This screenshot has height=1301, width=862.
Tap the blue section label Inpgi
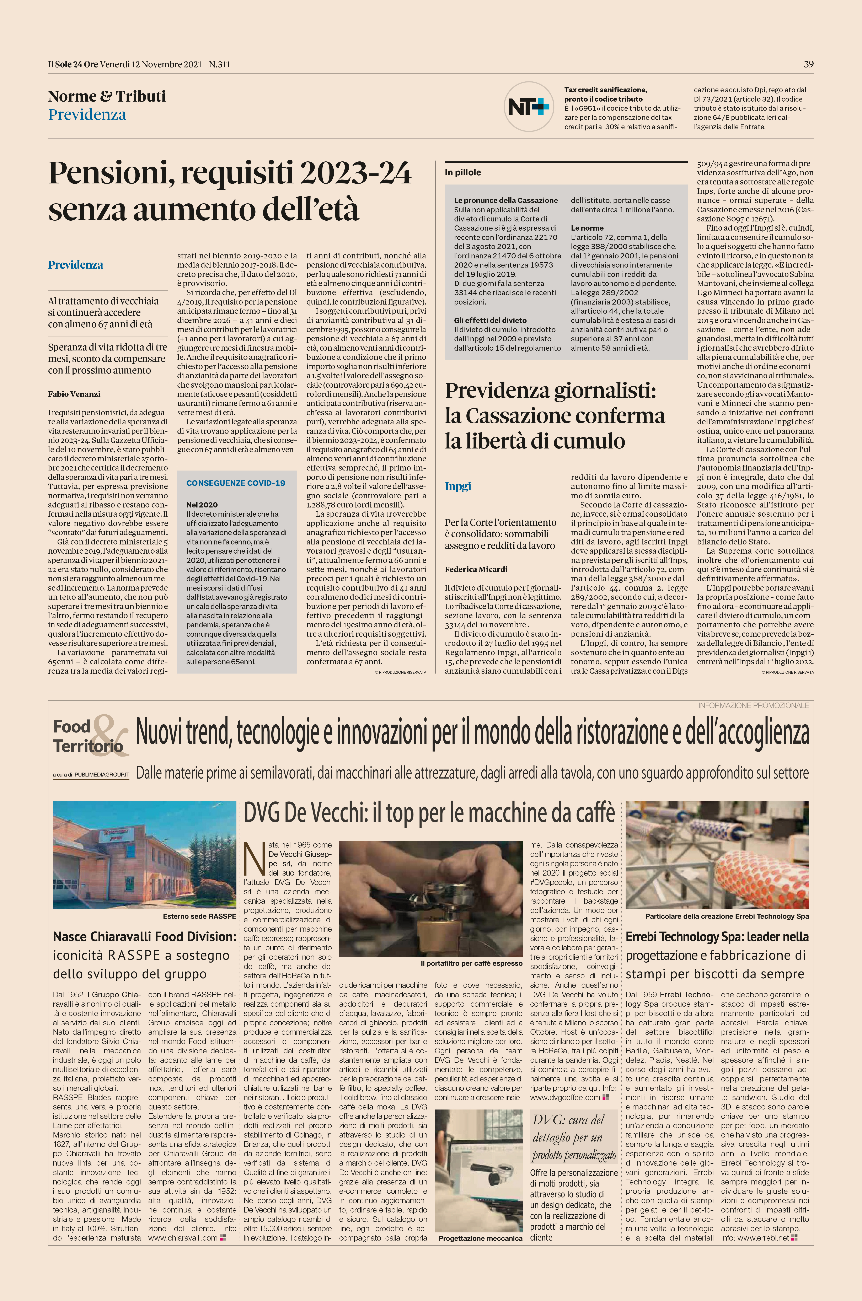click(x=458, y=486)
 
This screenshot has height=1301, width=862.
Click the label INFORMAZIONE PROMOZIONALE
click(x=753, y=705)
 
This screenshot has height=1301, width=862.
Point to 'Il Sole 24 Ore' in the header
click(x=73, y=64)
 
